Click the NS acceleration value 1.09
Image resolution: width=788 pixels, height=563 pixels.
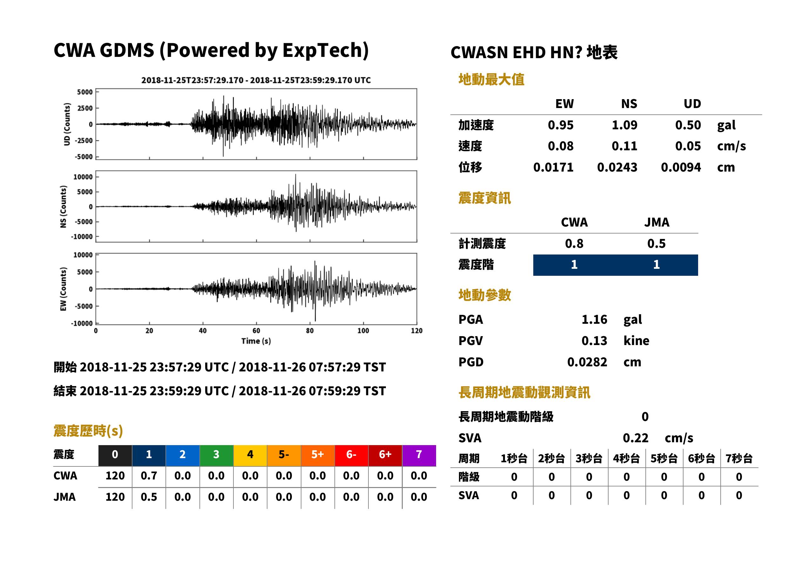[x=624, y=125]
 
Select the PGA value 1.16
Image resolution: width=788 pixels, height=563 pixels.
[x=594, y=319]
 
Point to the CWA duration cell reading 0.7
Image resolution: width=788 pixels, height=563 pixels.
[x=149, y=476]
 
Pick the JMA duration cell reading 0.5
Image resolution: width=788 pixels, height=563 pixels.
[x=149, y=497]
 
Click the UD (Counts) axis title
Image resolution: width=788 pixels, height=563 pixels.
[x=67, y=124]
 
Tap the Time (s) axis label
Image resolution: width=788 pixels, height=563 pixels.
[x=256, y=341]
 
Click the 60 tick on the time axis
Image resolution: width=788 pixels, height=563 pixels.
[x=256, y=330]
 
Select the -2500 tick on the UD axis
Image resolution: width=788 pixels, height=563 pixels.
[x=84, y=140]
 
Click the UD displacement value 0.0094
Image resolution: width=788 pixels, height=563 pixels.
[x=681, y=167]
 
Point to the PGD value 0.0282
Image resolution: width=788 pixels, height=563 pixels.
[x=587, y=362]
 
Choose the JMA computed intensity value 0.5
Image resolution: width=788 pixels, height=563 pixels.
[x=656, y=243]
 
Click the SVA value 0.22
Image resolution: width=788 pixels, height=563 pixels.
[x=636, y=438]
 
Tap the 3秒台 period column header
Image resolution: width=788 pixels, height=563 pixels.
[x=589, y=458]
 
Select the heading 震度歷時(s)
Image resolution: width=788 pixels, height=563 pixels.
[x=88, y=431]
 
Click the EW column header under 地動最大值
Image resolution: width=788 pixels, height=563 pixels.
[x=564, y=104]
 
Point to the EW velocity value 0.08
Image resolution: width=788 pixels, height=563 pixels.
[x=561, y=146]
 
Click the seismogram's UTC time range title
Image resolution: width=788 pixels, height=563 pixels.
[x=256, y=80]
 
